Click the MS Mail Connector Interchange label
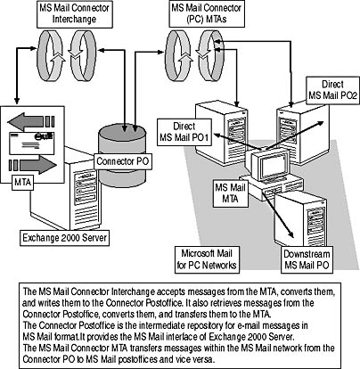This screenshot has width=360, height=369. [x=75, y=14]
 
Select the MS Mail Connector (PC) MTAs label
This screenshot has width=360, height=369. [x=207, y=14]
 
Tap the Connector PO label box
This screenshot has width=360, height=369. [x=123, y=161]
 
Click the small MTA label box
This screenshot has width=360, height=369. [x=22, y=182]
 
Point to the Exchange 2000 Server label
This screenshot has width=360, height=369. [x=64, y=238]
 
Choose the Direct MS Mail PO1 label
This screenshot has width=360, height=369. [x=184, y=132]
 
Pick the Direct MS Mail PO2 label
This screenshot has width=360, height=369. [x=332, y=90]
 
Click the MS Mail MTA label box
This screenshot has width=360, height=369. [x=230, y=193]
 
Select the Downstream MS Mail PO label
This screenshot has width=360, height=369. [x=307, y=259]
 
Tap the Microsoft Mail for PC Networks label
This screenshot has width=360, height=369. [x=207, y=259]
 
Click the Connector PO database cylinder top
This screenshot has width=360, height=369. [x=122, y=132]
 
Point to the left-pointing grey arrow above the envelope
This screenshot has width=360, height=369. [x=31, y=121]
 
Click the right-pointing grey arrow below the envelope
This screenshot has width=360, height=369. [x=33, y=164]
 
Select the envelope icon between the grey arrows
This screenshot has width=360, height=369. [x=32, y=143]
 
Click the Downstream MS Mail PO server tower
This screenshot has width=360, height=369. [x=301, y=220]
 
